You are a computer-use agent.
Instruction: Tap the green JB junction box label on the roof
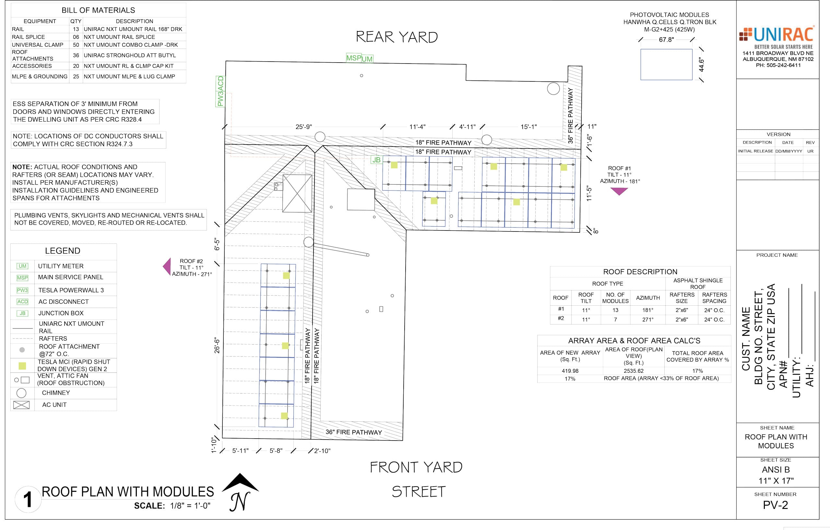click(x=376, y=160)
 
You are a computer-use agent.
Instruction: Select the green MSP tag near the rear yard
click(x=354, y=58)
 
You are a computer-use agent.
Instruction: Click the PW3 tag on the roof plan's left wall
click(x=220, y=99)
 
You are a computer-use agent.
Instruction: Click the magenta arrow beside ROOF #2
click(x=167, y=266)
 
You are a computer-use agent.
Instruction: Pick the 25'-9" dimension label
click(x=304, y=127)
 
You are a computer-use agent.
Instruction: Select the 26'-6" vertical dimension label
click(x=217, y=345)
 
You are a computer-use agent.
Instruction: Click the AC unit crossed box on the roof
click(x=297, y=193)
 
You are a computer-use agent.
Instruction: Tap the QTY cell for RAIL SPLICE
click(x=76, y=37)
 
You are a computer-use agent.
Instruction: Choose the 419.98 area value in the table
click(x=570, y=371)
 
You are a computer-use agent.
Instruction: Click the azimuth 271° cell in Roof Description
click(x=648, y=319)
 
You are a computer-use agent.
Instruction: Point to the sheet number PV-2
click(x=776, y=505)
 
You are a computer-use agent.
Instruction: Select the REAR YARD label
click(x=397, y=37)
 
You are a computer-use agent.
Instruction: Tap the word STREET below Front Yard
click(x=419, y=492)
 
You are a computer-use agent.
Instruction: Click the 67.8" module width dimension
click(x=666, y=40)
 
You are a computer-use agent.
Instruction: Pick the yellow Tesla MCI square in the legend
click(x=22, y=366)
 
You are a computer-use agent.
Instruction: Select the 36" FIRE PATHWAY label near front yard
click(x=354, y=432)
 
